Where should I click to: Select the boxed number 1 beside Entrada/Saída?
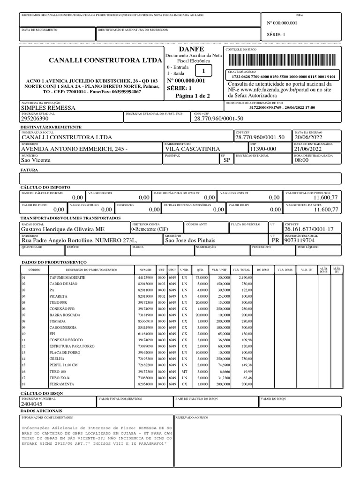point(204,71)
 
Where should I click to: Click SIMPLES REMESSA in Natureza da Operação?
point(48,108)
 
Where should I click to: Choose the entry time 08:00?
point(301,160)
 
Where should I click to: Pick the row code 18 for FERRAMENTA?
point(23,385)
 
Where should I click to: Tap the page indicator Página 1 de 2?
point(192,96)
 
